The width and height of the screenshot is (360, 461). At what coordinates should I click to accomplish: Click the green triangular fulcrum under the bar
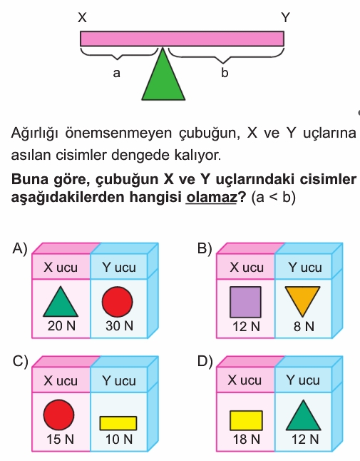click(x=163, y=79)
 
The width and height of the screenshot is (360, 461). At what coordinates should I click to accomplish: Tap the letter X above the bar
click(x=82, y=18)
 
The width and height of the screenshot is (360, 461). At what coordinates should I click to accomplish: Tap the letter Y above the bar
click(x=285, y=18)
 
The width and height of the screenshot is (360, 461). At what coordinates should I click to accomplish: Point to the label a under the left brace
click(x=117, y=73)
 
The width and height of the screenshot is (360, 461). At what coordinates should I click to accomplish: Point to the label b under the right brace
click(x=225, y=72)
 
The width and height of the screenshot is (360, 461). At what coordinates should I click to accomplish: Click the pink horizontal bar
click(x=182, y=39)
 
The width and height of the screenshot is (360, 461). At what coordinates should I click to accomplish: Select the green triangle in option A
click(x=61, y=302)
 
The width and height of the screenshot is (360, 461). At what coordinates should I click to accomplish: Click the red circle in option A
click(x=118, y=302)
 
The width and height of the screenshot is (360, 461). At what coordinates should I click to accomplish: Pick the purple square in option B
click(x=245, y=302)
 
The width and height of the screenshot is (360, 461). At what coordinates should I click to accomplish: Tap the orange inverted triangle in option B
click(x=303, y=300)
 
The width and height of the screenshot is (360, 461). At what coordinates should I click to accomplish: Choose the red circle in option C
click(x=58, y=415)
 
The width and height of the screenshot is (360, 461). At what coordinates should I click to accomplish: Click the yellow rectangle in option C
click(x=118, y=423)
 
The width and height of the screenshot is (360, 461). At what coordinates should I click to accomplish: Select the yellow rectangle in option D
click(x=246, y=421)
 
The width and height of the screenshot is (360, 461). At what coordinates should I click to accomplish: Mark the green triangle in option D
click(x=304, y=415)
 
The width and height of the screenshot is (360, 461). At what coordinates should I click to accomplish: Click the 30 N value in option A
click(x=120, y=325)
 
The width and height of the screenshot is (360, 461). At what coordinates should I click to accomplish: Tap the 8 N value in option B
click(x=304, y=326)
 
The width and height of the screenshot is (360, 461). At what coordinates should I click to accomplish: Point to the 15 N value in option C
click(x=60, y=440)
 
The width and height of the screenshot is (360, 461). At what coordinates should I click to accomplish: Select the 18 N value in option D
click(x=247, y=440)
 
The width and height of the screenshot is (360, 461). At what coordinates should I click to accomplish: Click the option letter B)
click(x=205, y=249)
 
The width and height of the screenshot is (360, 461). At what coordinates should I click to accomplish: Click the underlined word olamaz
click(x=211, y=197)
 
